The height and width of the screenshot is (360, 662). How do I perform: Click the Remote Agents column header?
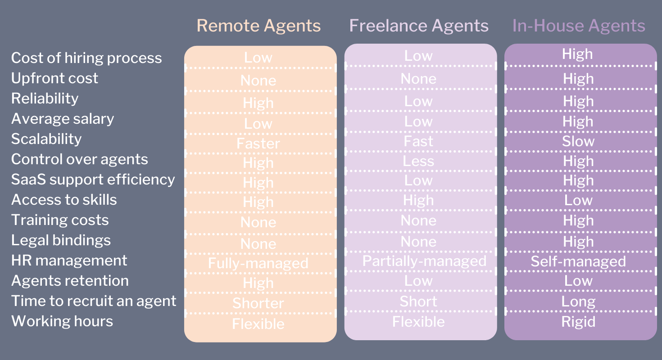pyautogui.click(x=258, y=26)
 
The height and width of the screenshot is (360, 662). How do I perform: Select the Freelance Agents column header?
pyautogui.click(x=419, y=26)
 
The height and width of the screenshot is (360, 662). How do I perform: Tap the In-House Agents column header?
pyautogui.click(x=579, y=26)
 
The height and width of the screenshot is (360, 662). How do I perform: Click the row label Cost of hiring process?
pyautogui.click(x=86, y=58)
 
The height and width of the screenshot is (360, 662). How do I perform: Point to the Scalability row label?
pyautogui.click(x=46, y=139)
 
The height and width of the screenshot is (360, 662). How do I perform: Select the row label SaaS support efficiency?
pyautogui.click(x=93, y=180)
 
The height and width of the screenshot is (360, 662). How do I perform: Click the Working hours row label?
pyautogui.click(x=62, y=321)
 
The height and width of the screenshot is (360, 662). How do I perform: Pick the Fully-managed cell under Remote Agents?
pyautogui.click(x=258, y=263)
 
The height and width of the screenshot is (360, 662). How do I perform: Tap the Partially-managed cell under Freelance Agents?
pyautogui.click(x=424, y=261)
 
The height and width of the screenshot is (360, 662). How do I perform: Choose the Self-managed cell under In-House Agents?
pyautogui.click(x=578, y=261)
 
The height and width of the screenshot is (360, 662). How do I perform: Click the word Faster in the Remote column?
pyautogui.click(x=258, y=144)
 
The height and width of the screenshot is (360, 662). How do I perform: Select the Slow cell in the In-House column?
pyautogui.click(x=578, y=141)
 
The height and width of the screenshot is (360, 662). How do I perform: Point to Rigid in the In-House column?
pyautogui.click(x=578, y=322)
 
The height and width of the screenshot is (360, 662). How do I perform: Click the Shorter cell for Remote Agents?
pyautogui.click(x=258, y=303)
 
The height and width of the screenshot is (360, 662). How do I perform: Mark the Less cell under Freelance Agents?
pyautogui.click(x=418, y=161)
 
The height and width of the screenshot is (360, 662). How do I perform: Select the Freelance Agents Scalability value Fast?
pyautogui.click(x=418, y=141)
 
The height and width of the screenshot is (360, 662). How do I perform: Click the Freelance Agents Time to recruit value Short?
pyautogui.click(x=418, y=301)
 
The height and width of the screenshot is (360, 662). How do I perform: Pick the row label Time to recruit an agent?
pyautogui.click(x=94, y=301)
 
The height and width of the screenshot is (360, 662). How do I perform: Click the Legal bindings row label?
pyautogui.click(x=61, y=240)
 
